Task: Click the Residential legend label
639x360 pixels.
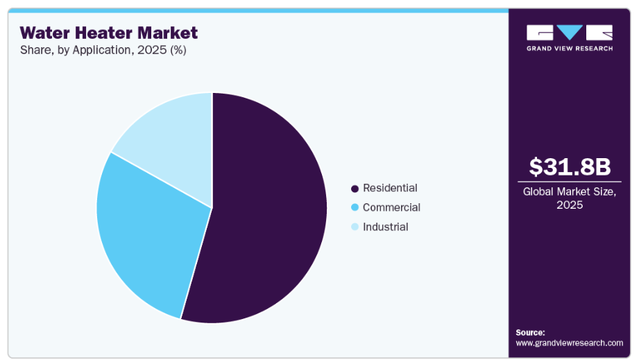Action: (390, 188)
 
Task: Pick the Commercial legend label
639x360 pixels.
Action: (391, 207)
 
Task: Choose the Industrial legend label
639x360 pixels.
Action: (385, 227)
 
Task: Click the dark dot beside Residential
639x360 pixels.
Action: (355, 189)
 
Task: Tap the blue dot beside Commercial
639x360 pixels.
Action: (355, 207)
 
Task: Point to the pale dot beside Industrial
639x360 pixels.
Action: (355, 227)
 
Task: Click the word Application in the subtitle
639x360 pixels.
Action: (94, 50)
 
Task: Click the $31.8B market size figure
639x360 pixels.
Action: (570, 166)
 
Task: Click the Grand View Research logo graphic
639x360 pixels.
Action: (570, 33)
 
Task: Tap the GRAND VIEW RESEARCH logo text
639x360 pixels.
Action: (570, 48)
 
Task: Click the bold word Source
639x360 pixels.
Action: (530, 332)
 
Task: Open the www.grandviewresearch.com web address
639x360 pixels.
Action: (569, 343)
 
